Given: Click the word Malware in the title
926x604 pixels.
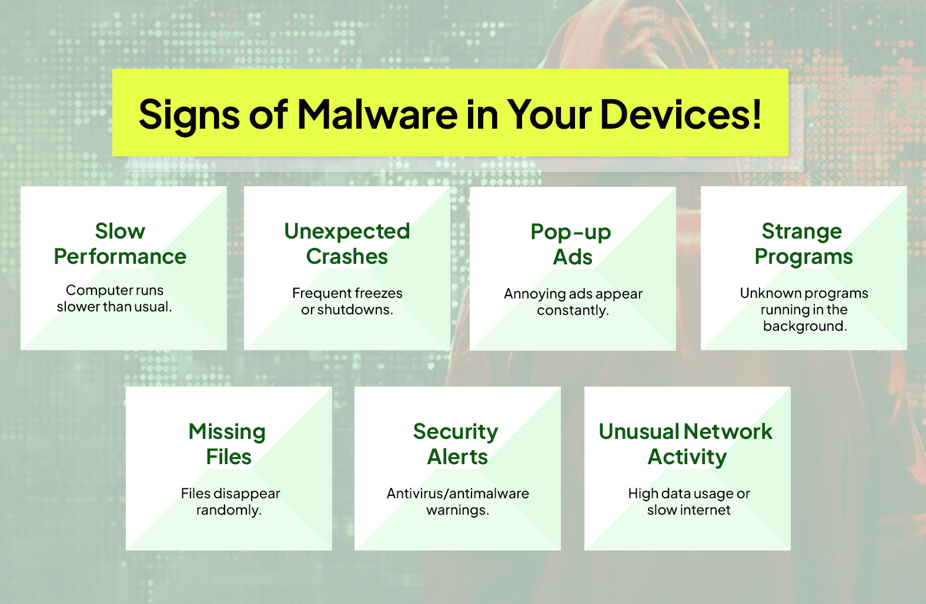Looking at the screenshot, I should click(377, 114).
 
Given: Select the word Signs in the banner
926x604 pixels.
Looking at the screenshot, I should click(188, 115).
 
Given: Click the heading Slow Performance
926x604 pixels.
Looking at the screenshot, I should click(120, 244).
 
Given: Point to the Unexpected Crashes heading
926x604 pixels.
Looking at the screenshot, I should click(347, 244).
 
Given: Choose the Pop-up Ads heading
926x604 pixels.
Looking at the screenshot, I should click(571, 244).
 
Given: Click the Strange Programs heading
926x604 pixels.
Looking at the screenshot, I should click(803, 244).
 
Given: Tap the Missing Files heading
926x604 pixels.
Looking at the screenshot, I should click(228, 444).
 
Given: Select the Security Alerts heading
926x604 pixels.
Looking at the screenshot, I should click(457, 444).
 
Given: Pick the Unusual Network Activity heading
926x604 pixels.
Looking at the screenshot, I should click(686, 444).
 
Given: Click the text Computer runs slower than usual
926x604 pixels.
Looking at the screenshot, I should click(115, 298).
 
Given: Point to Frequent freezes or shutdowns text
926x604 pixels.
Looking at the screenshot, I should click(347, 301).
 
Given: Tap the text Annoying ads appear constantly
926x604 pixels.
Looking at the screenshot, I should click(573, 302).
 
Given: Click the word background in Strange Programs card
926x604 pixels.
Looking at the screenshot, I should click(804, 326).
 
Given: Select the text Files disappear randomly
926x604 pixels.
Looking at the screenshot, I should click(230, 502).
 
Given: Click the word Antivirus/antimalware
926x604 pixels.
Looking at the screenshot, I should click(457, 494).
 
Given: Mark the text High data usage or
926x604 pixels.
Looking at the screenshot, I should click(688, 494).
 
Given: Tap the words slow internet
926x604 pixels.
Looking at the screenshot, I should click(688, 510).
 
